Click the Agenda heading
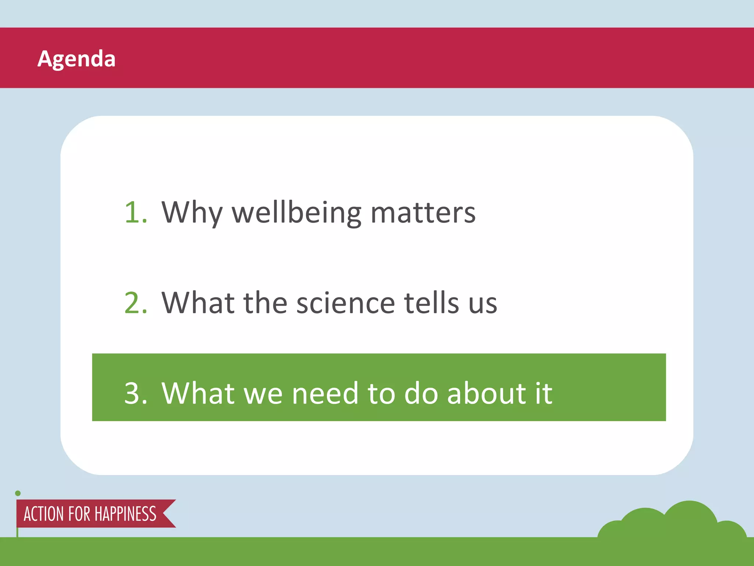click(77, 59)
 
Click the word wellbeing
click(297, 213)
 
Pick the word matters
click(423, 213)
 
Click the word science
click(345, 303)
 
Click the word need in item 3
click(325, 393)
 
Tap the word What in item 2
click(198, 303)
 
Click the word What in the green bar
click(198, 393)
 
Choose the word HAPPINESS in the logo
click(126, 514)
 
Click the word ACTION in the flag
click(44, 514)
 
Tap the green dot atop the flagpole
click(18, 493)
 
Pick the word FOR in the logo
click(79, 514)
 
